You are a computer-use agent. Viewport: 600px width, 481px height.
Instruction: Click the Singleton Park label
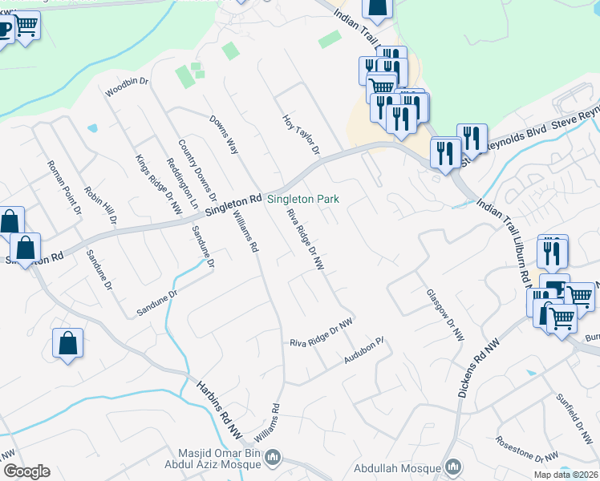pyautogui.click(x=303, y=199)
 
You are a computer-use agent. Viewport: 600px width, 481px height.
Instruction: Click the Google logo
pyautogui.click(x=26, y=471)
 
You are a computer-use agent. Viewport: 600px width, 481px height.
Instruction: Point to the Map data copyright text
pyautogui.click(x=566, y=475)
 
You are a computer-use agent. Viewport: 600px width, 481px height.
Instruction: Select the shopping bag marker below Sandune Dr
pyautogui.click(x=68, y=343)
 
